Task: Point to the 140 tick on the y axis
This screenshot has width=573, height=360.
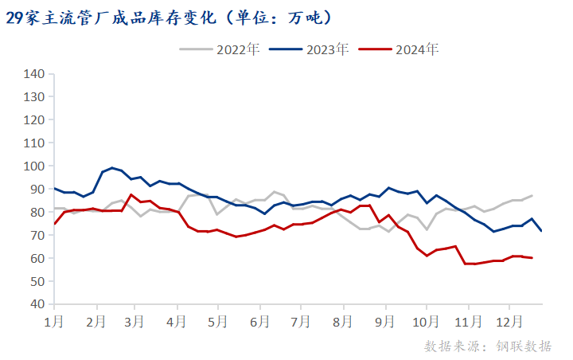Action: coord(33,74)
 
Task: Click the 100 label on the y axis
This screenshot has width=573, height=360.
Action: coord(33,166)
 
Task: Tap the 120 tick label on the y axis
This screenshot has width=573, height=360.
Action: coord(33,120)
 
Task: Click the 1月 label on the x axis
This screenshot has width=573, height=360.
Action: coord(54,322)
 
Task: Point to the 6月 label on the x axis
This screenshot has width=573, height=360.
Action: coord(259,322)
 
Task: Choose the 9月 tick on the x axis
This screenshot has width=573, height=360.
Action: coord(385,322)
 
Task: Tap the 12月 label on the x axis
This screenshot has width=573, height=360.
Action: coord(509,322)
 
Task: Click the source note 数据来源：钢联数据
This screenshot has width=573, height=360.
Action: coord(488,346)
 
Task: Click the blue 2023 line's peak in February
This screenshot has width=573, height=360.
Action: coord(112,168)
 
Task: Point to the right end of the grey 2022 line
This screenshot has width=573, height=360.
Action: coord(532,195)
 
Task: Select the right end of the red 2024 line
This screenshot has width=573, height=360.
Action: coord(532,258)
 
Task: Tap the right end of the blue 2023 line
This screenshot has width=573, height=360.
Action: coord(541,231)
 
